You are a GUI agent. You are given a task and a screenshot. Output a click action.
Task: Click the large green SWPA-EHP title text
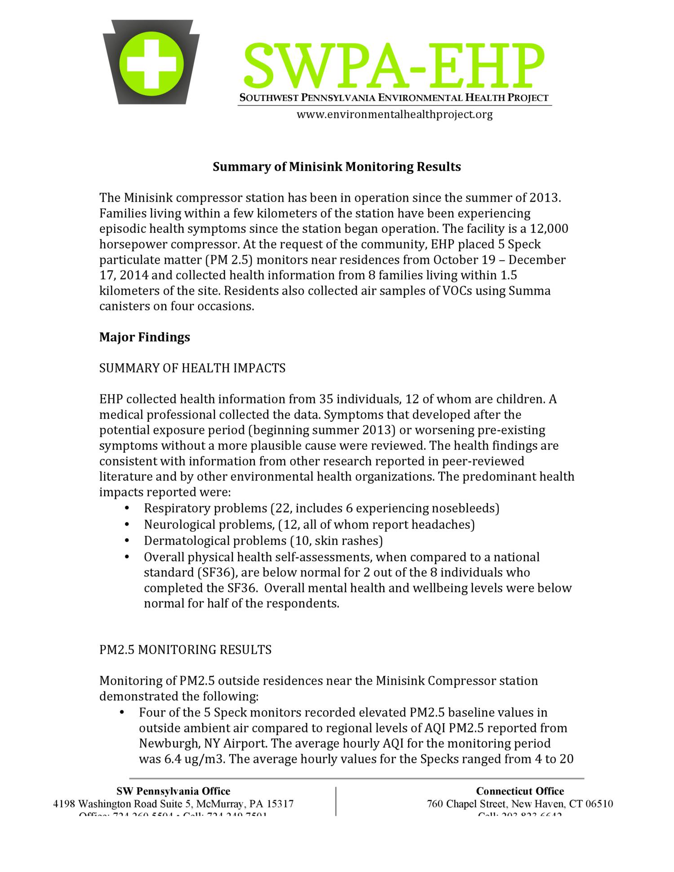(x=395, y=66)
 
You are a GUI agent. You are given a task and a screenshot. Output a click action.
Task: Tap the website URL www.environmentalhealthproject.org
(x=395, y=115)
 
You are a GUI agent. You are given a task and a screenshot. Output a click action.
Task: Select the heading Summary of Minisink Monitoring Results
(x=337, y=167)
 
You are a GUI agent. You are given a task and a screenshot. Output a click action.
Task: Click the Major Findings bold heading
(x=144, y=337)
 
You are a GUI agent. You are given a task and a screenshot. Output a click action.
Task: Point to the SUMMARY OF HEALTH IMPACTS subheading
(x=192, y=368)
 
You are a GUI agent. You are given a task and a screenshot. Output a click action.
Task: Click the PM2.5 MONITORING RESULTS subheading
(x=185, y=650)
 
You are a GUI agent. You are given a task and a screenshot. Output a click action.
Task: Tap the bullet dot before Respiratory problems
(x=128, y=509)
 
